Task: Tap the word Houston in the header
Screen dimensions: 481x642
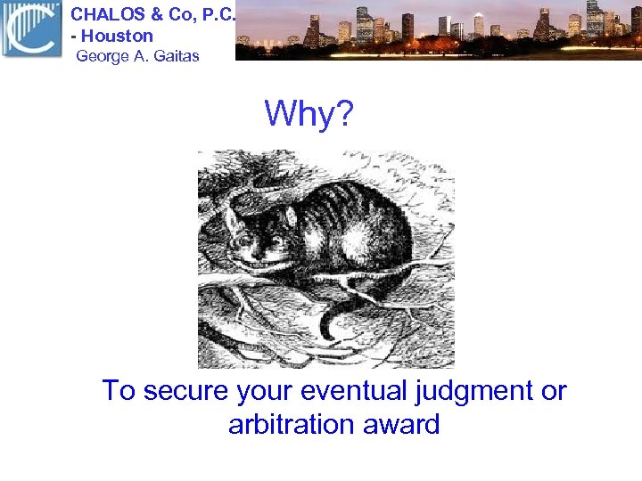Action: [118, 37]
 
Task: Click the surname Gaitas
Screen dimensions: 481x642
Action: [175, 56]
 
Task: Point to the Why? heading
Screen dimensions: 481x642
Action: [309, 113]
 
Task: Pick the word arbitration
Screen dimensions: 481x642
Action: [290, 424]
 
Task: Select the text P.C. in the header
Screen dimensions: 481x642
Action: [216, 14]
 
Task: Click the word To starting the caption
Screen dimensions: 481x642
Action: [118, 391]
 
